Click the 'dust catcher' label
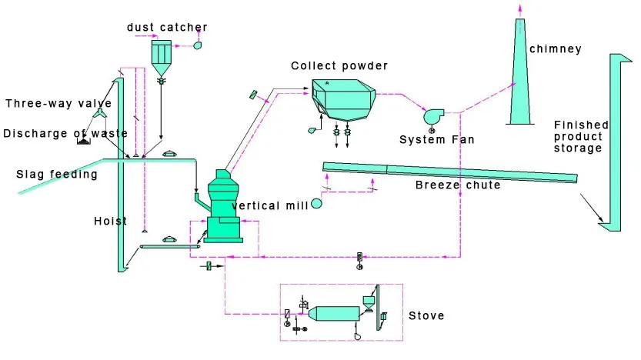pos(167,28)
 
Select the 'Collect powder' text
pos(339,65)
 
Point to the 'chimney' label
pos(555,50)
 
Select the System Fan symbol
pos(432,116)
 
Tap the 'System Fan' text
pos(437,139)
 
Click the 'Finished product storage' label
pos(581,136)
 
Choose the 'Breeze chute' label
pos(457,185)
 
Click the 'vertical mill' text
pos(269,205)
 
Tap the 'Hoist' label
pos(110,222)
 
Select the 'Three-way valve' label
pos(58,103)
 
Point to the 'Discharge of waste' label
pos(65,133)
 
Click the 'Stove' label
pos(426,315)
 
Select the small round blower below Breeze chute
pos(316,203)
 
